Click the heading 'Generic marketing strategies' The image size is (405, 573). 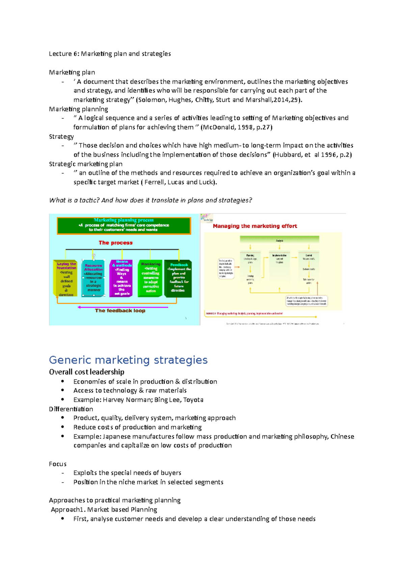[128, 360]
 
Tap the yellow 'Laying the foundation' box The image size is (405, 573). [66, 279]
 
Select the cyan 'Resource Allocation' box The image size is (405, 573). [93, 278]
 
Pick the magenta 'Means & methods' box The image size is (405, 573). [121, 278]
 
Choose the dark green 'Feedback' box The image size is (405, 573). [178, 278]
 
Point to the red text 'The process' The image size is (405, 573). [115, 243]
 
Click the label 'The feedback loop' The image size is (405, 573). [120, 310]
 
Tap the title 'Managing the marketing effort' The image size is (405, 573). [255, 226]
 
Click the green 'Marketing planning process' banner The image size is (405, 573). [124, 225]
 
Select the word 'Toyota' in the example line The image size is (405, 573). [193, 400]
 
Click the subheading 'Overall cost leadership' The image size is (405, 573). [86, 372]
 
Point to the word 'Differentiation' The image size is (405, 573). [71, 409]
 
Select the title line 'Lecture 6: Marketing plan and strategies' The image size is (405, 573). [110, 54]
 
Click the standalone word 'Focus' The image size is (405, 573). [58, 464]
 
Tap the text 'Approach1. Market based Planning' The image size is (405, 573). [104, 510]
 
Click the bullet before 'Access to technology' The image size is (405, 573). [62, 390]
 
